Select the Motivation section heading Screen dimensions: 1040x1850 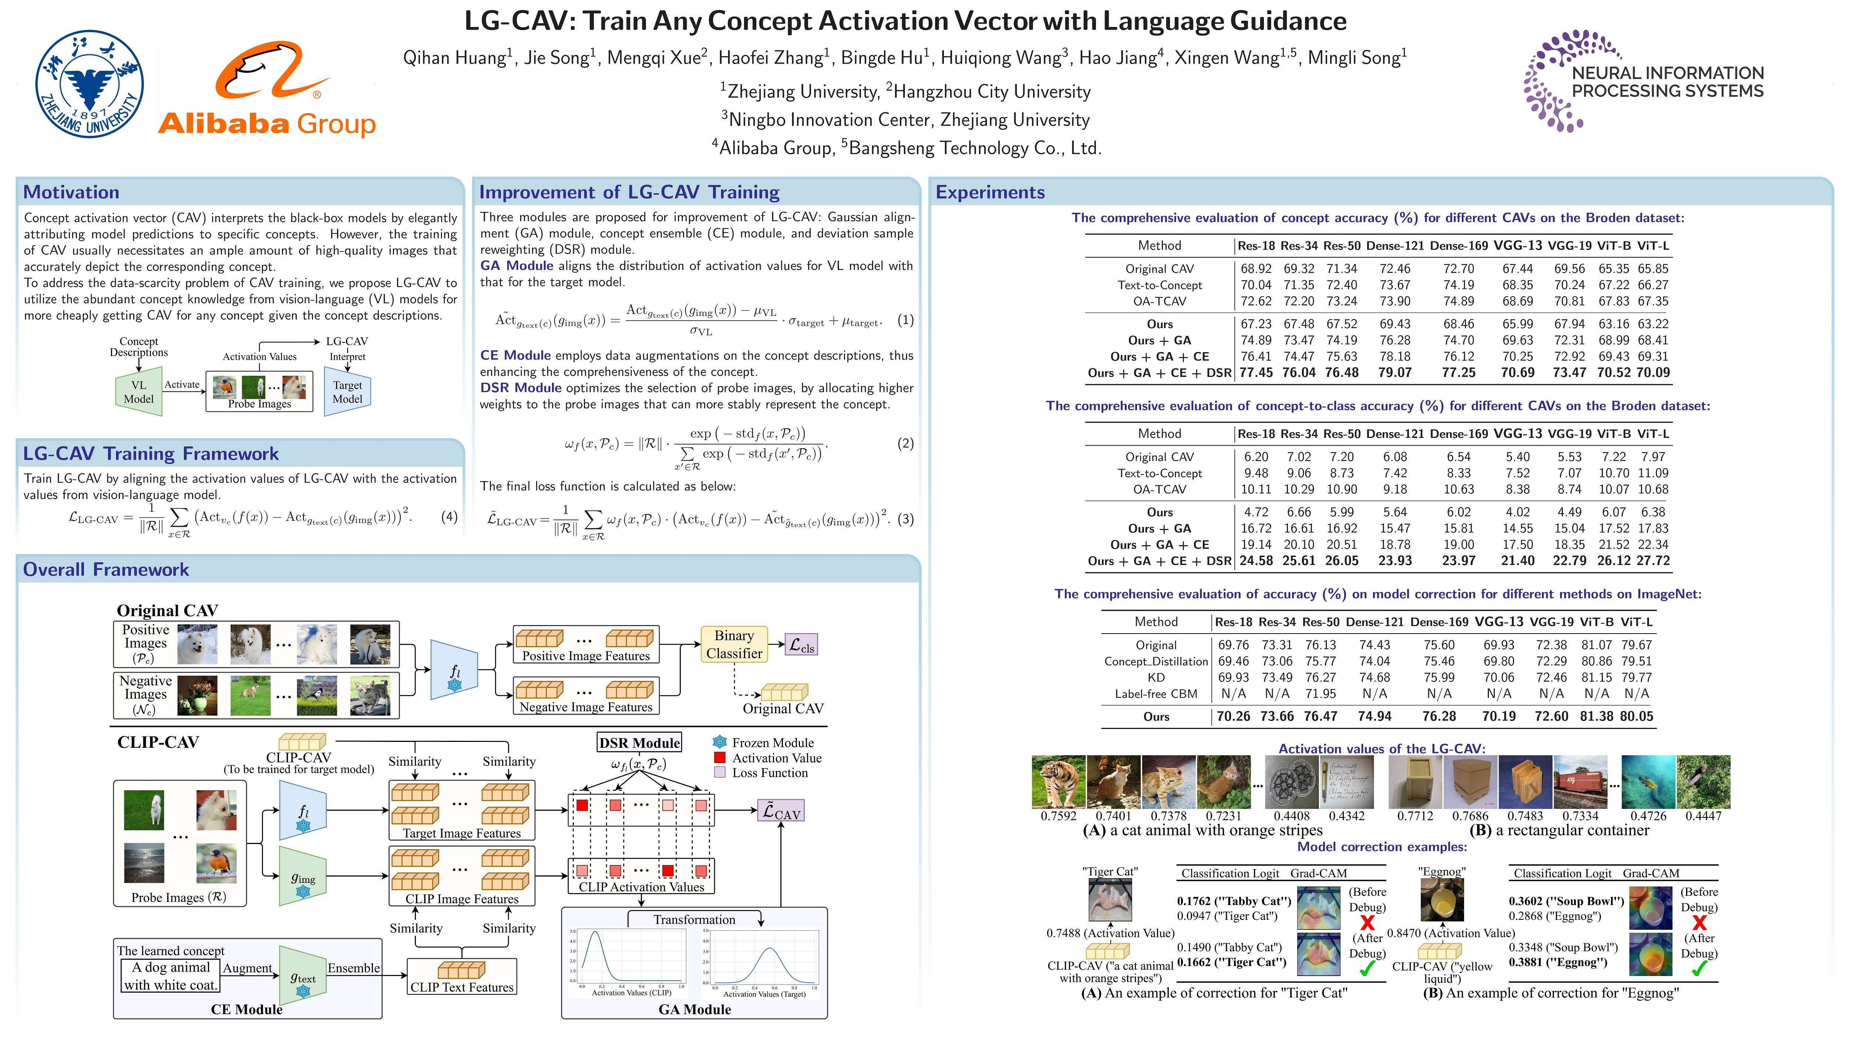(71, 192)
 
